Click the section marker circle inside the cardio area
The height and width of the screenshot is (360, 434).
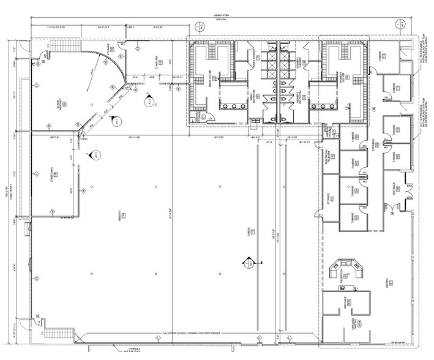(x=249, y=263)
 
